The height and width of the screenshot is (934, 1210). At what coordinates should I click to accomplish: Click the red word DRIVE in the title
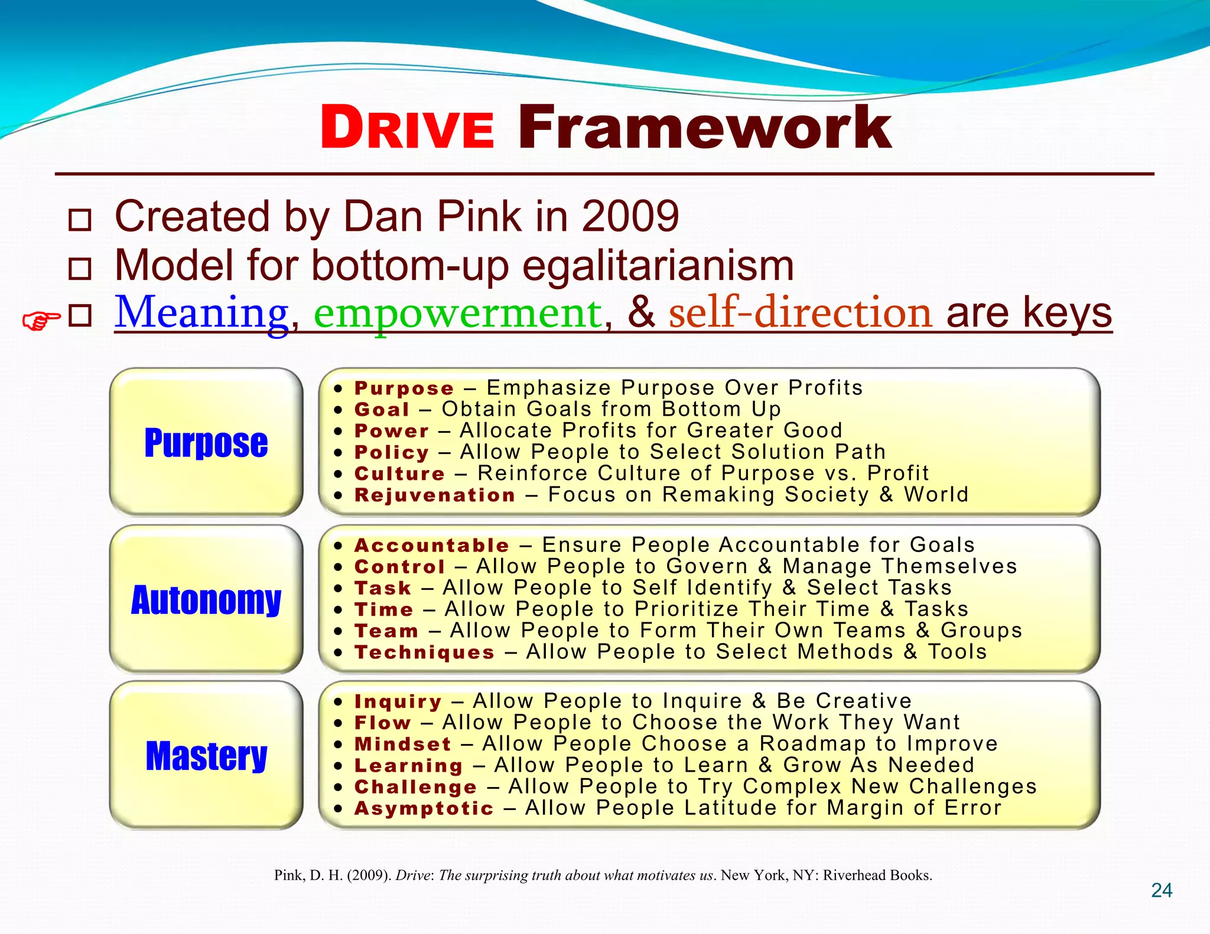(407, 128)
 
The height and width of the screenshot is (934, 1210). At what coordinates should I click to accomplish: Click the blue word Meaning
(201, 312)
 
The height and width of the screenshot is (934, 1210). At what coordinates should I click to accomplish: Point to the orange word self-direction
(800, 312)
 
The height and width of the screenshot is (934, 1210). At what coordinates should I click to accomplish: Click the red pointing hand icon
(41, 321)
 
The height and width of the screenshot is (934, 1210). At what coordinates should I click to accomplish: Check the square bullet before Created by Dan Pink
(80, 220)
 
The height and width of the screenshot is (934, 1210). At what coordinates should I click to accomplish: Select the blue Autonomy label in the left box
(206, 600)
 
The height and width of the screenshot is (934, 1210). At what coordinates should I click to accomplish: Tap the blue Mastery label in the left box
(206, 756)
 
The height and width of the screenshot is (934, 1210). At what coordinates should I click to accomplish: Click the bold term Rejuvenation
(435, 495)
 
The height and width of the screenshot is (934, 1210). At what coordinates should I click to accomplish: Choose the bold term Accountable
(431, 545)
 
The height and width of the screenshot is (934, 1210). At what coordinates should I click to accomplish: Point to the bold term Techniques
(424, 652)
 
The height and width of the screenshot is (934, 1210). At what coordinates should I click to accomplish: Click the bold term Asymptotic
(424, 808)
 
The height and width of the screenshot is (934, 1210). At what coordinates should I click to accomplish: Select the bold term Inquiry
(398, 701)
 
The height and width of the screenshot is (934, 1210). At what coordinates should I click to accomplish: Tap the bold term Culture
(399, 473)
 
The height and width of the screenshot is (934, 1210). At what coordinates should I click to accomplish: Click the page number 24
(1161, 890)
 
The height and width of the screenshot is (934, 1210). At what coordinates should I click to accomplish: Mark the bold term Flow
(382, 723)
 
